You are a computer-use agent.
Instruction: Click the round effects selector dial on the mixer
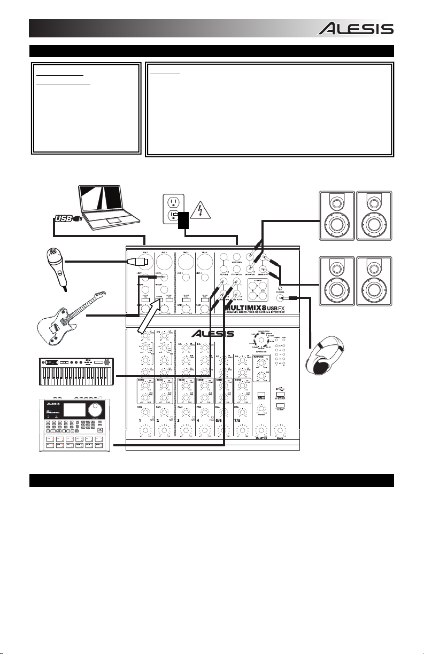[260, 341]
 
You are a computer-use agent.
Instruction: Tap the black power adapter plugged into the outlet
[183, 220]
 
